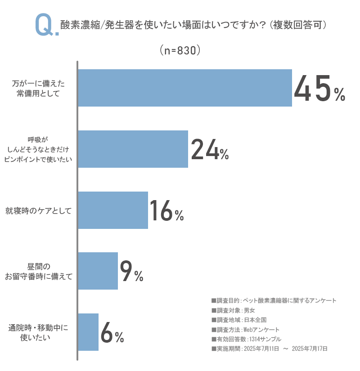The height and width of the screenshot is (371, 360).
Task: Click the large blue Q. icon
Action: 46,26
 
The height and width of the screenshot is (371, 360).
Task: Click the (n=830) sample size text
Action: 180,50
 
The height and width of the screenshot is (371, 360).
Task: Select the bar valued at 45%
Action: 185,88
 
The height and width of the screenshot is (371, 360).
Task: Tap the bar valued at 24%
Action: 133,149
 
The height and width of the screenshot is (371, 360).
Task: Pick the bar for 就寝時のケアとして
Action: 113,210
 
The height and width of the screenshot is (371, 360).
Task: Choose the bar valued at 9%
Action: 98,271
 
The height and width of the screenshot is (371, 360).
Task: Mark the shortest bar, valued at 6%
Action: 89,332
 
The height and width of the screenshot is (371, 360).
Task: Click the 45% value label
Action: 319,89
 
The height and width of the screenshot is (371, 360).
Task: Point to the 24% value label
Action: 210,150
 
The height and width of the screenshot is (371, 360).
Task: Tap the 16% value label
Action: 166,211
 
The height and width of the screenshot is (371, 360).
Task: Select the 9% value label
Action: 131,272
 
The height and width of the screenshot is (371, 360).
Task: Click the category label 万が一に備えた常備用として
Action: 41,88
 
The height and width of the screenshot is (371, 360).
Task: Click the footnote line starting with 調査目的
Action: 274,300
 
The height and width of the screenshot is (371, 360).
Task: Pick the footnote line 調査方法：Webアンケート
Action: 245,330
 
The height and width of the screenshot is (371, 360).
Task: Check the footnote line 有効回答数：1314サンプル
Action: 246,339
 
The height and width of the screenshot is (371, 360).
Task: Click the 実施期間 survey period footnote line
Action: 269,349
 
